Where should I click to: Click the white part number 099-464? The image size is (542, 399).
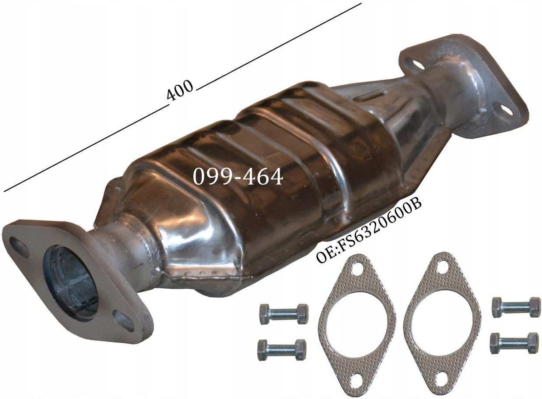238,177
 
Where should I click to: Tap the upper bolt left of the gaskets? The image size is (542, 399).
283,314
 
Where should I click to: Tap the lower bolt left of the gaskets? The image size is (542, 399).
282,350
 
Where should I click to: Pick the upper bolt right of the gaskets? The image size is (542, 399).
516,307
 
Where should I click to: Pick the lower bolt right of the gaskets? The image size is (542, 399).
514,343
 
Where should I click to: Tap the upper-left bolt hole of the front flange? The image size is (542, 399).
19,246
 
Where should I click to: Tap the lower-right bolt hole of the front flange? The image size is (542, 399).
124,321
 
